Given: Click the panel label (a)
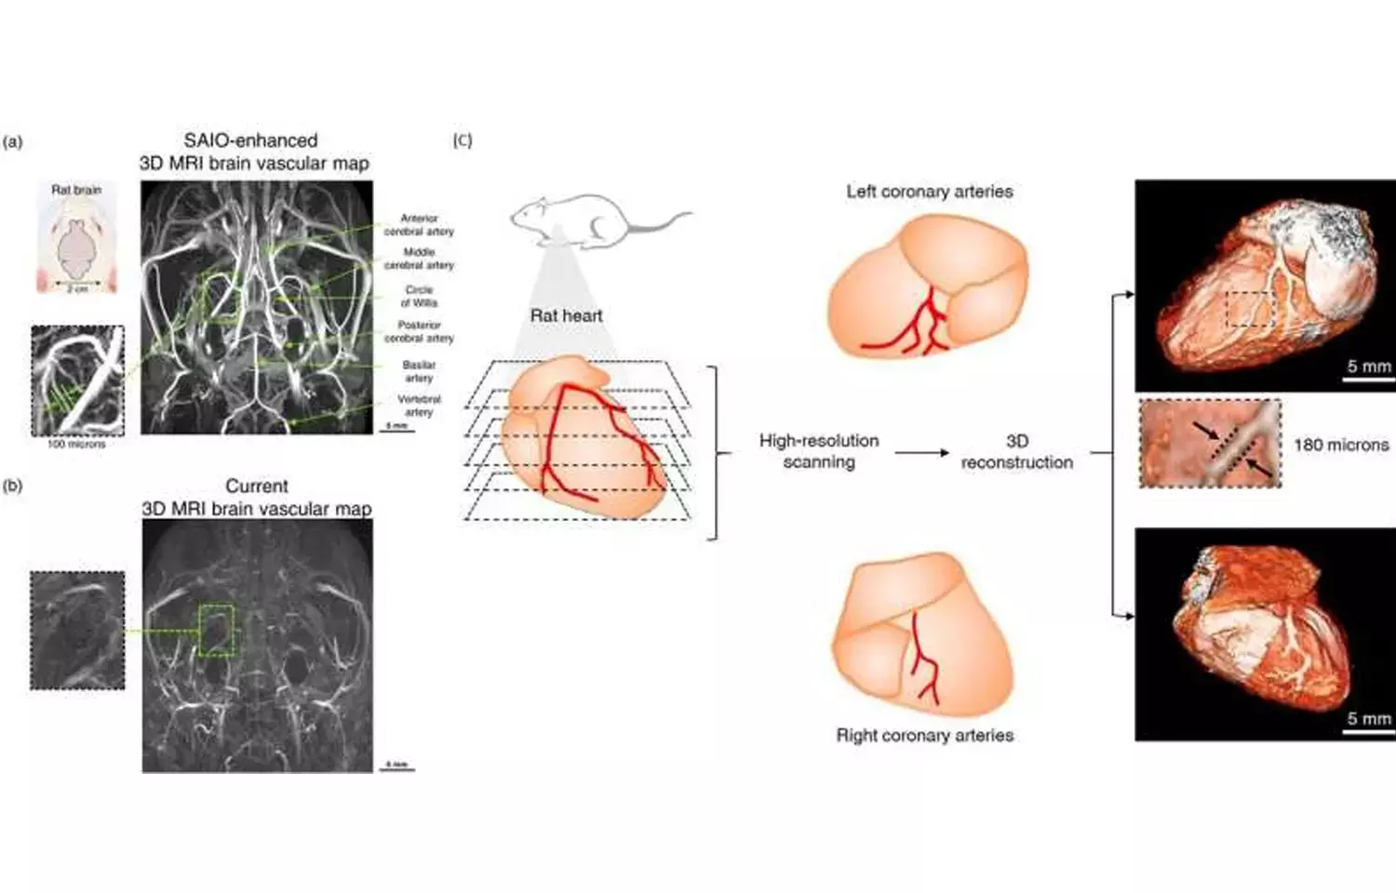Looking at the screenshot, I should click(x=13, y=142).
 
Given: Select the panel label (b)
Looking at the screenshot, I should click(x=13, y=486).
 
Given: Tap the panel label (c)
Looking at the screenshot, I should click(x=463, y=140).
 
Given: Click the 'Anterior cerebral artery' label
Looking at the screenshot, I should click(x=419, y=224).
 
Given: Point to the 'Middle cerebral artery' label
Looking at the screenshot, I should click(x=419, y=259).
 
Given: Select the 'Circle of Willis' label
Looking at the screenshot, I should click(x=419, y=296).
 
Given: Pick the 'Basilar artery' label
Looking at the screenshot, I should click(x=419, y=371).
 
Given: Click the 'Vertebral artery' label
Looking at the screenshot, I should click(x=419, y=406).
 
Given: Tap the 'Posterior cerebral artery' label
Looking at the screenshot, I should click(x=419, y=331).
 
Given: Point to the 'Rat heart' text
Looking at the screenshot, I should click(x=566, y=315).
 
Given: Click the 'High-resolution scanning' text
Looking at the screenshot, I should click(x=818, y=451).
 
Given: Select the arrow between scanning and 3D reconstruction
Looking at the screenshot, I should click(x=921, y=453).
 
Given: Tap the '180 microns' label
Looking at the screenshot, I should click(x=1340, y=445).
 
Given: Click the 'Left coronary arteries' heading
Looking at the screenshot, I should click(x=929, y=192).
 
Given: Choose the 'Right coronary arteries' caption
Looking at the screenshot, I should click(x=924, y=735).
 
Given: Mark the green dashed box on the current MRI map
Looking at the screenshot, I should click(x=218, y=630).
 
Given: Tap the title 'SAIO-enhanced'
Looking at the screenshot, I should click(x=250, y=140).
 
